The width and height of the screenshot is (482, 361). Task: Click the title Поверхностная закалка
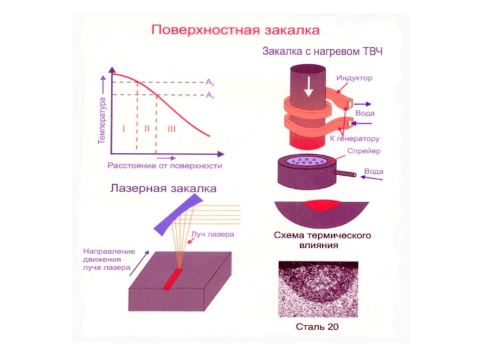[x=235, y=29]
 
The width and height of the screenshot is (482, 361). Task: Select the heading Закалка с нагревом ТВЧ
[x=322, y=51]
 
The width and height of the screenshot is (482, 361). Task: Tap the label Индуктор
[x=354, y=78]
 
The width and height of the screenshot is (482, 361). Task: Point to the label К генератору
[x=354, y=138]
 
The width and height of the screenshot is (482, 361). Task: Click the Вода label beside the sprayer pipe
[x=374, y=172]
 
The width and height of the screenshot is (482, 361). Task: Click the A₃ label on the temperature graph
[x=210, y=82]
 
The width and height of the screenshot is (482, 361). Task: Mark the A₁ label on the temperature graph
[x=210, y=95]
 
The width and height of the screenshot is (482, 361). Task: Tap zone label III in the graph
[x=171, y=128]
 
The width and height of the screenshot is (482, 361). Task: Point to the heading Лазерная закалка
[x=163, y=189]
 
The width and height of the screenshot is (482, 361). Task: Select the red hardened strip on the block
[x=173, y=279]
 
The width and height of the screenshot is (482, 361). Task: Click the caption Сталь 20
[x=317, y=327]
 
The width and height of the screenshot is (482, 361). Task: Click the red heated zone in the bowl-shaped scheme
[x=318, y=205]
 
